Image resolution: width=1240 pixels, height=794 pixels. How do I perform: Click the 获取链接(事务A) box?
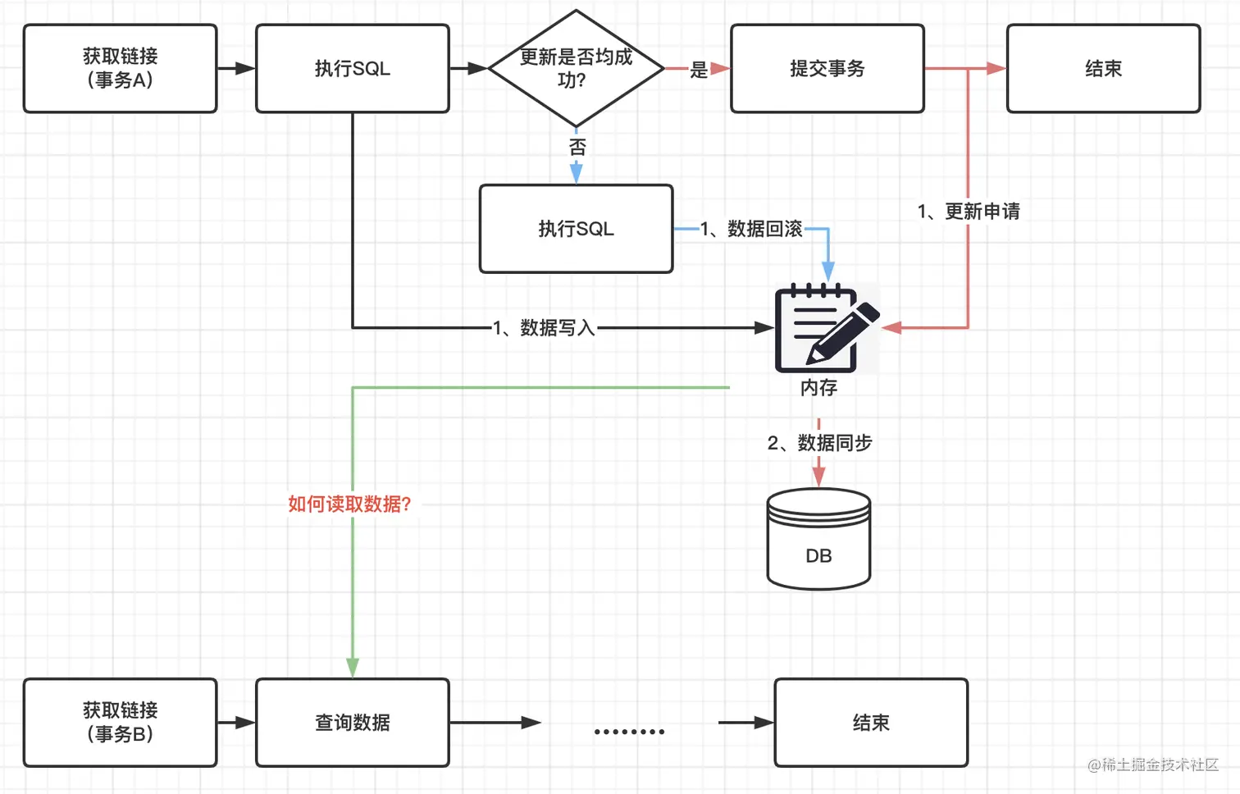coord(120,68)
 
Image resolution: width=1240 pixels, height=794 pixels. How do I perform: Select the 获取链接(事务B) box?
coord(120,722)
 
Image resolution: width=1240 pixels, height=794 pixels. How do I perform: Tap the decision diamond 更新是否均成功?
coord(576,68)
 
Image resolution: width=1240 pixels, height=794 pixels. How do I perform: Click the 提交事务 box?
coord(827,68)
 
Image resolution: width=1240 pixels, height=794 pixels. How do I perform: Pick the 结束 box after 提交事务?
coord(1103,68)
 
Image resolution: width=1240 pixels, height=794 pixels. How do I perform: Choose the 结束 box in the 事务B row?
coord(870,722)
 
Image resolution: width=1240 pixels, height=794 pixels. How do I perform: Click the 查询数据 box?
coord(352,722)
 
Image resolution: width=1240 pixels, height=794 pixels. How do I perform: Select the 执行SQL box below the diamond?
coord(576,229)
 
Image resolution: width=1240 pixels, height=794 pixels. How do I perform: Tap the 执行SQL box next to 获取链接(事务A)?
coord(352,68)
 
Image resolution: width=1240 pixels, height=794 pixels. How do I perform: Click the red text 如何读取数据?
coord(349,504)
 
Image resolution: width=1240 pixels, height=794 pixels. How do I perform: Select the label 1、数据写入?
coord(543,328)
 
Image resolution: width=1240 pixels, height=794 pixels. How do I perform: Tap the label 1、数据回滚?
coord(751,229)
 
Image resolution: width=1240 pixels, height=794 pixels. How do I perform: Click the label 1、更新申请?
coord(969,212)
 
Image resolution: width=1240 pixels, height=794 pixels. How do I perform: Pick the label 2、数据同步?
coord(819,443)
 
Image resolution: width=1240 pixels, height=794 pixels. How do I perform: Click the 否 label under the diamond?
coord(577,147)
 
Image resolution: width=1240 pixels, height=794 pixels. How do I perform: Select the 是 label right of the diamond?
coord(699,70)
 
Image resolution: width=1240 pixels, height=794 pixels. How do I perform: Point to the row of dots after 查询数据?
coord(629,731)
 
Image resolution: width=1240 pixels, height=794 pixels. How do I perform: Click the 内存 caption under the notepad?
coord(818,387)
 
